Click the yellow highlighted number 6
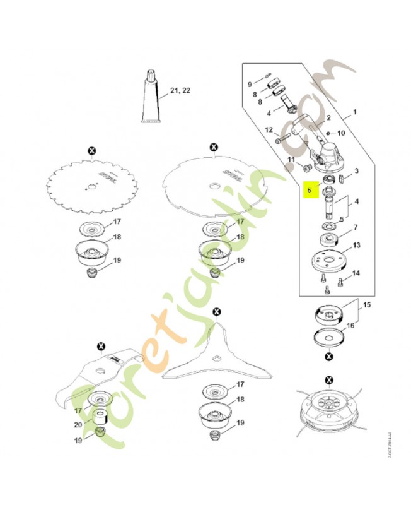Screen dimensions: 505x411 click(309, 189)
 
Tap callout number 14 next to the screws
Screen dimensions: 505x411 click(356, 273)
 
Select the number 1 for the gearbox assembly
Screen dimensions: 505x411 click(354, 112)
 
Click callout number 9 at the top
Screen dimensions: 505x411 click(249, 84)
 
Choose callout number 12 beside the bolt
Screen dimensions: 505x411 click(269, 130)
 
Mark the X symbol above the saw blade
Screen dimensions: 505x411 click(92, 150)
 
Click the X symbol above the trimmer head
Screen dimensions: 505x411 click(328, 379)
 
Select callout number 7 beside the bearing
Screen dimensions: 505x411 click(356, 227)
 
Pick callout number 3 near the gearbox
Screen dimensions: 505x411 click(356, 170)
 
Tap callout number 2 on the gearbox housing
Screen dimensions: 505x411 click(328, 118)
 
